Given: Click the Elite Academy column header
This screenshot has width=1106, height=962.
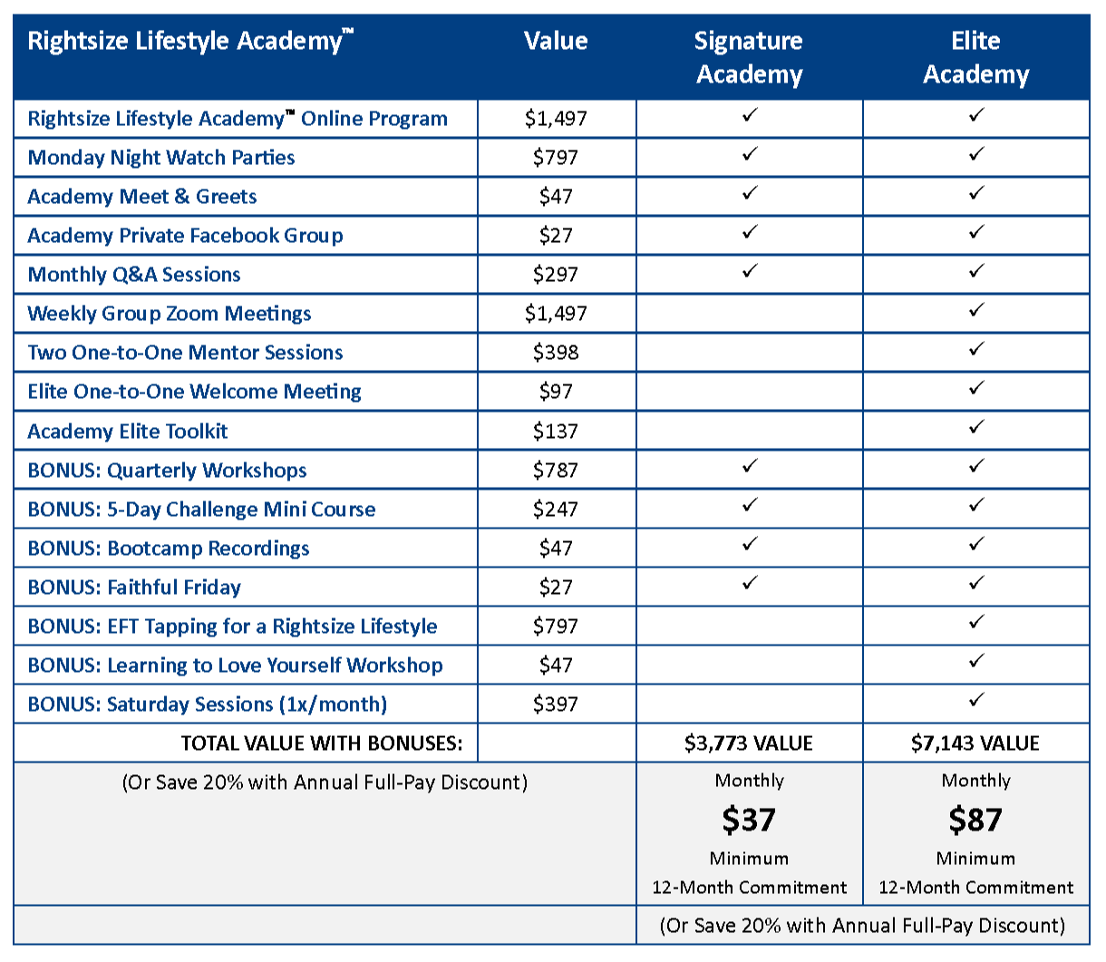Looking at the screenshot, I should [975, 57].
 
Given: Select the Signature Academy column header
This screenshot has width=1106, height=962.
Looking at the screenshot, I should [749, 57].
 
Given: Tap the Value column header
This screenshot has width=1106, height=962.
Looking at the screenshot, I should [556, 41].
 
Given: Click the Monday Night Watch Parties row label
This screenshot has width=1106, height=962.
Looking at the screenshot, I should [161, 158].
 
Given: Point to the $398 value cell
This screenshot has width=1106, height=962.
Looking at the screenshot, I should [556, 353].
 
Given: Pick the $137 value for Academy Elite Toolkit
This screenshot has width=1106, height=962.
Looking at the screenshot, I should [556, 432].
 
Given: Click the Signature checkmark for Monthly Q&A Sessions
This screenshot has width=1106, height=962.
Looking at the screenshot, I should [750, 271].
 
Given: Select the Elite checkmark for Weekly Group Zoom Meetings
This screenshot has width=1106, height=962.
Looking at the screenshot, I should [976, 310].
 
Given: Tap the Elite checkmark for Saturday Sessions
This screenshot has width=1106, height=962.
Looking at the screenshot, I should [976, 700].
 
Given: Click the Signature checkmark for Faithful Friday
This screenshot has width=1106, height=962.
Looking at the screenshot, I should [750, 583].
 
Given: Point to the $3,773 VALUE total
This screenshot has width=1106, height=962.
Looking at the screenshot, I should [749, 743].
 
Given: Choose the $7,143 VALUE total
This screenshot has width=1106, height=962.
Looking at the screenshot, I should [975, 743].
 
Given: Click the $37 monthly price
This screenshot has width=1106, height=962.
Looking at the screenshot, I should [749, 820].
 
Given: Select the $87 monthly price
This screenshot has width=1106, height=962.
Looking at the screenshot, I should [975, 820].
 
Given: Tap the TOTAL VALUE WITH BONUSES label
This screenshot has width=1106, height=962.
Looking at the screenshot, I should [322, 743].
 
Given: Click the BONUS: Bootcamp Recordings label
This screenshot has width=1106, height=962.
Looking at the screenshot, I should [169, 549].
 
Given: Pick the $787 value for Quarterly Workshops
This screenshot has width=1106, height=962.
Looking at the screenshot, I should [556, 471].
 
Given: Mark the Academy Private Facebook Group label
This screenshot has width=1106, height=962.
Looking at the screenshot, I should [186, 236].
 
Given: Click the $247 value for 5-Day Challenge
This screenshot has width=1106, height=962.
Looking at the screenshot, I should [556, 510].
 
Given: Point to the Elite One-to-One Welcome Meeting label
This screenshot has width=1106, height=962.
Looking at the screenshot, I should [195, 392].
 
